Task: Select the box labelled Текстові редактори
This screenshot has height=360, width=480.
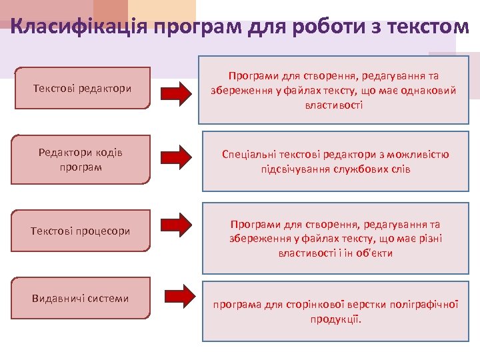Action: point(82,88)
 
